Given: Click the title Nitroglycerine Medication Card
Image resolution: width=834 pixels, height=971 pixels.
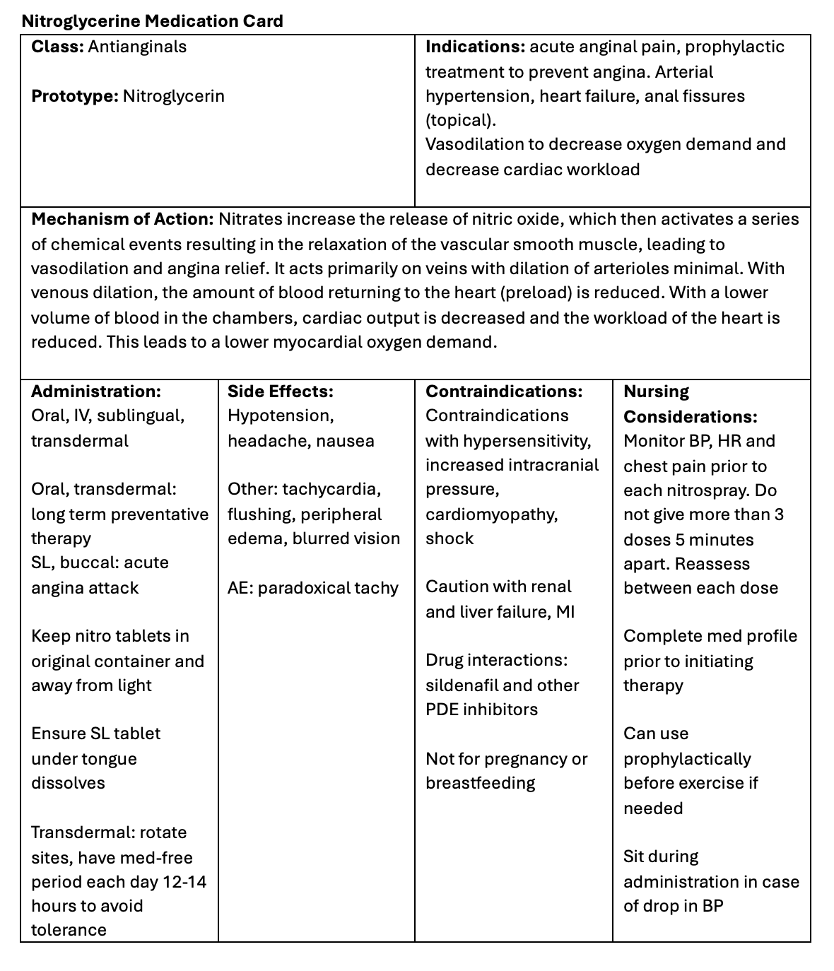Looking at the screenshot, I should pyautogui.click(x=152, y=21).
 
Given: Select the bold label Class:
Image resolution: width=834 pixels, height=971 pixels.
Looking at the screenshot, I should pyautogui.click(x=57, y=47).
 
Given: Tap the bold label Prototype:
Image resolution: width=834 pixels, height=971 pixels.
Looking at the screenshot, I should pyautogui.click(x=74, y=96).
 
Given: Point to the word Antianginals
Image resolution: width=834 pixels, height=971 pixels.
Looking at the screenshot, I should pyautogui.click(x=137, y=47).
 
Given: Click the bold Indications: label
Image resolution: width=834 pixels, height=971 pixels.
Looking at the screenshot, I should pyautogui.click(x=474, y=47).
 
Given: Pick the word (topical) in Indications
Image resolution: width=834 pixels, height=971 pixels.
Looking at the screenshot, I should pyautogui.click(x=459, y=120).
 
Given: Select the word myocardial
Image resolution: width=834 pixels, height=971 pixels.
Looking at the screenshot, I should pyautogui.click(x=341, y=342).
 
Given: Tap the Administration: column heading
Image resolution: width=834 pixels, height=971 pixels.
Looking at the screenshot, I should pyautogui.click(x=96, y=392).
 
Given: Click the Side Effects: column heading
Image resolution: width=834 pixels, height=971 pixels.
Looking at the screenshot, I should pyautogui.click(x=281, y=392).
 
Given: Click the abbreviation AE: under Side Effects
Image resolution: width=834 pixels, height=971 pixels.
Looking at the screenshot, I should pyautogui.click(x=240, y=588).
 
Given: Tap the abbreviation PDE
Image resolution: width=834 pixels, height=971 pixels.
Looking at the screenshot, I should pyautogui.click(x=442, y=710).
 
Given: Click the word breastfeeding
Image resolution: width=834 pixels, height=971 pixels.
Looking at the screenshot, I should pyautogui.click(x=480, y=783).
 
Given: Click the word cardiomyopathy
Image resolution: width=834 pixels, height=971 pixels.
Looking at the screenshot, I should pyautogui.click(x=491, y=514).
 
